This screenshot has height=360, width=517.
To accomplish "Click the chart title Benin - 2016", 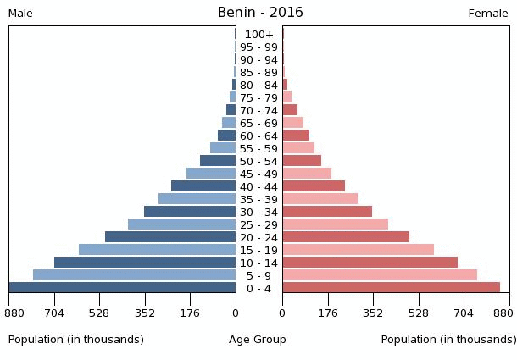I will tap(259, 13).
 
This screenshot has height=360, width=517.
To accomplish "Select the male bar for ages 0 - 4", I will tap(123, 288).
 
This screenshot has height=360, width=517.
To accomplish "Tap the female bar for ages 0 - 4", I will tap(391, 288).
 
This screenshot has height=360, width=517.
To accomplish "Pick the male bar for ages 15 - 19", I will tap(157, 250).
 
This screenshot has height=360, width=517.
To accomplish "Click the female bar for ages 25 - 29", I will tap(335, 224).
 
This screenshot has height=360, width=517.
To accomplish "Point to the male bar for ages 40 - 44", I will tap(203, 186).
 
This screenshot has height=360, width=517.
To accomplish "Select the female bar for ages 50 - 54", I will tap(302, 161).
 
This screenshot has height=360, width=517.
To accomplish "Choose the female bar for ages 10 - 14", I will tap(370, 263).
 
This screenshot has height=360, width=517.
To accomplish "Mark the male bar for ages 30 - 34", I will tap(190, 212).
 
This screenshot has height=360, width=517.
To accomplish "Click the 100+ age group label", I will tap(259, 35).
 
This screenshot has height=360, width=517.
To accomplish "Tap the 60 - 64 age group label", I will tap(259, 136).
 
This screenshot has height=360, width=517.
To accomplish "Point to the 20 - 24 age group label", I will tap(259, 238).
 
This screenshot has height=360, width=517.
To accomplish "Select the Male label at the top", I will tap(20, 14).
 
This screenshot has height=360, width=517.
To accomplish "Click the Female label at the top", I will tap(488, 14).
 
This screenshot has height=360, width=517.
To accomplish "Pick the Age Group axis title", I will tap(258, 340).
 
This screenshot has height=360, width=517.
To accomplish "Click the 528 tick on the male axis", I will tap(100, 313).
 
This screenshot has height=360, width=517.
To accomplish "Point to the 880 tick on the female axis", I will tap(503, 313).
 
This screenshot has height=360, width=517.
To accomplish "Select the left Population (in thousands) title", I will tap(76, 340).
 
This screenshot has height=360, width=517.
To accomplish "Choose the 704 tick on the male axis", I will tap(54, 313).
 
